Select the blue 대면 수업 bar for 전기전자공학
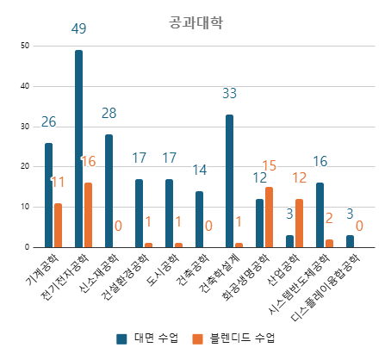coord(78,148)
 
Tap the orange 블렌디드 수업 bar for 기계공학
coord(58,226)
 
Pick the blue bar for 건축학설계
coord(229,181)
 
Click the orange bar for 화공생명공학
coord(269,217)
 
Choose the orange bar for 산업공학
coord(299,223)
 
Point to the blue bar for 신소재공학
coord(109,191)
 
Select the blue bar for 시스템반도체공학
coord(320,215)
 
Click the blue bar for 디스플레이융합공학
coord(350,241)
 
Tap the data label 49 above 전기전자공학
coord(78,29)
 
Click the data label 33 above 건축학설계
coord(229,94)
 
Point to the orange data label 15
coord(269,165)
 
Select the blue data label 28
coord(109,114)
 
